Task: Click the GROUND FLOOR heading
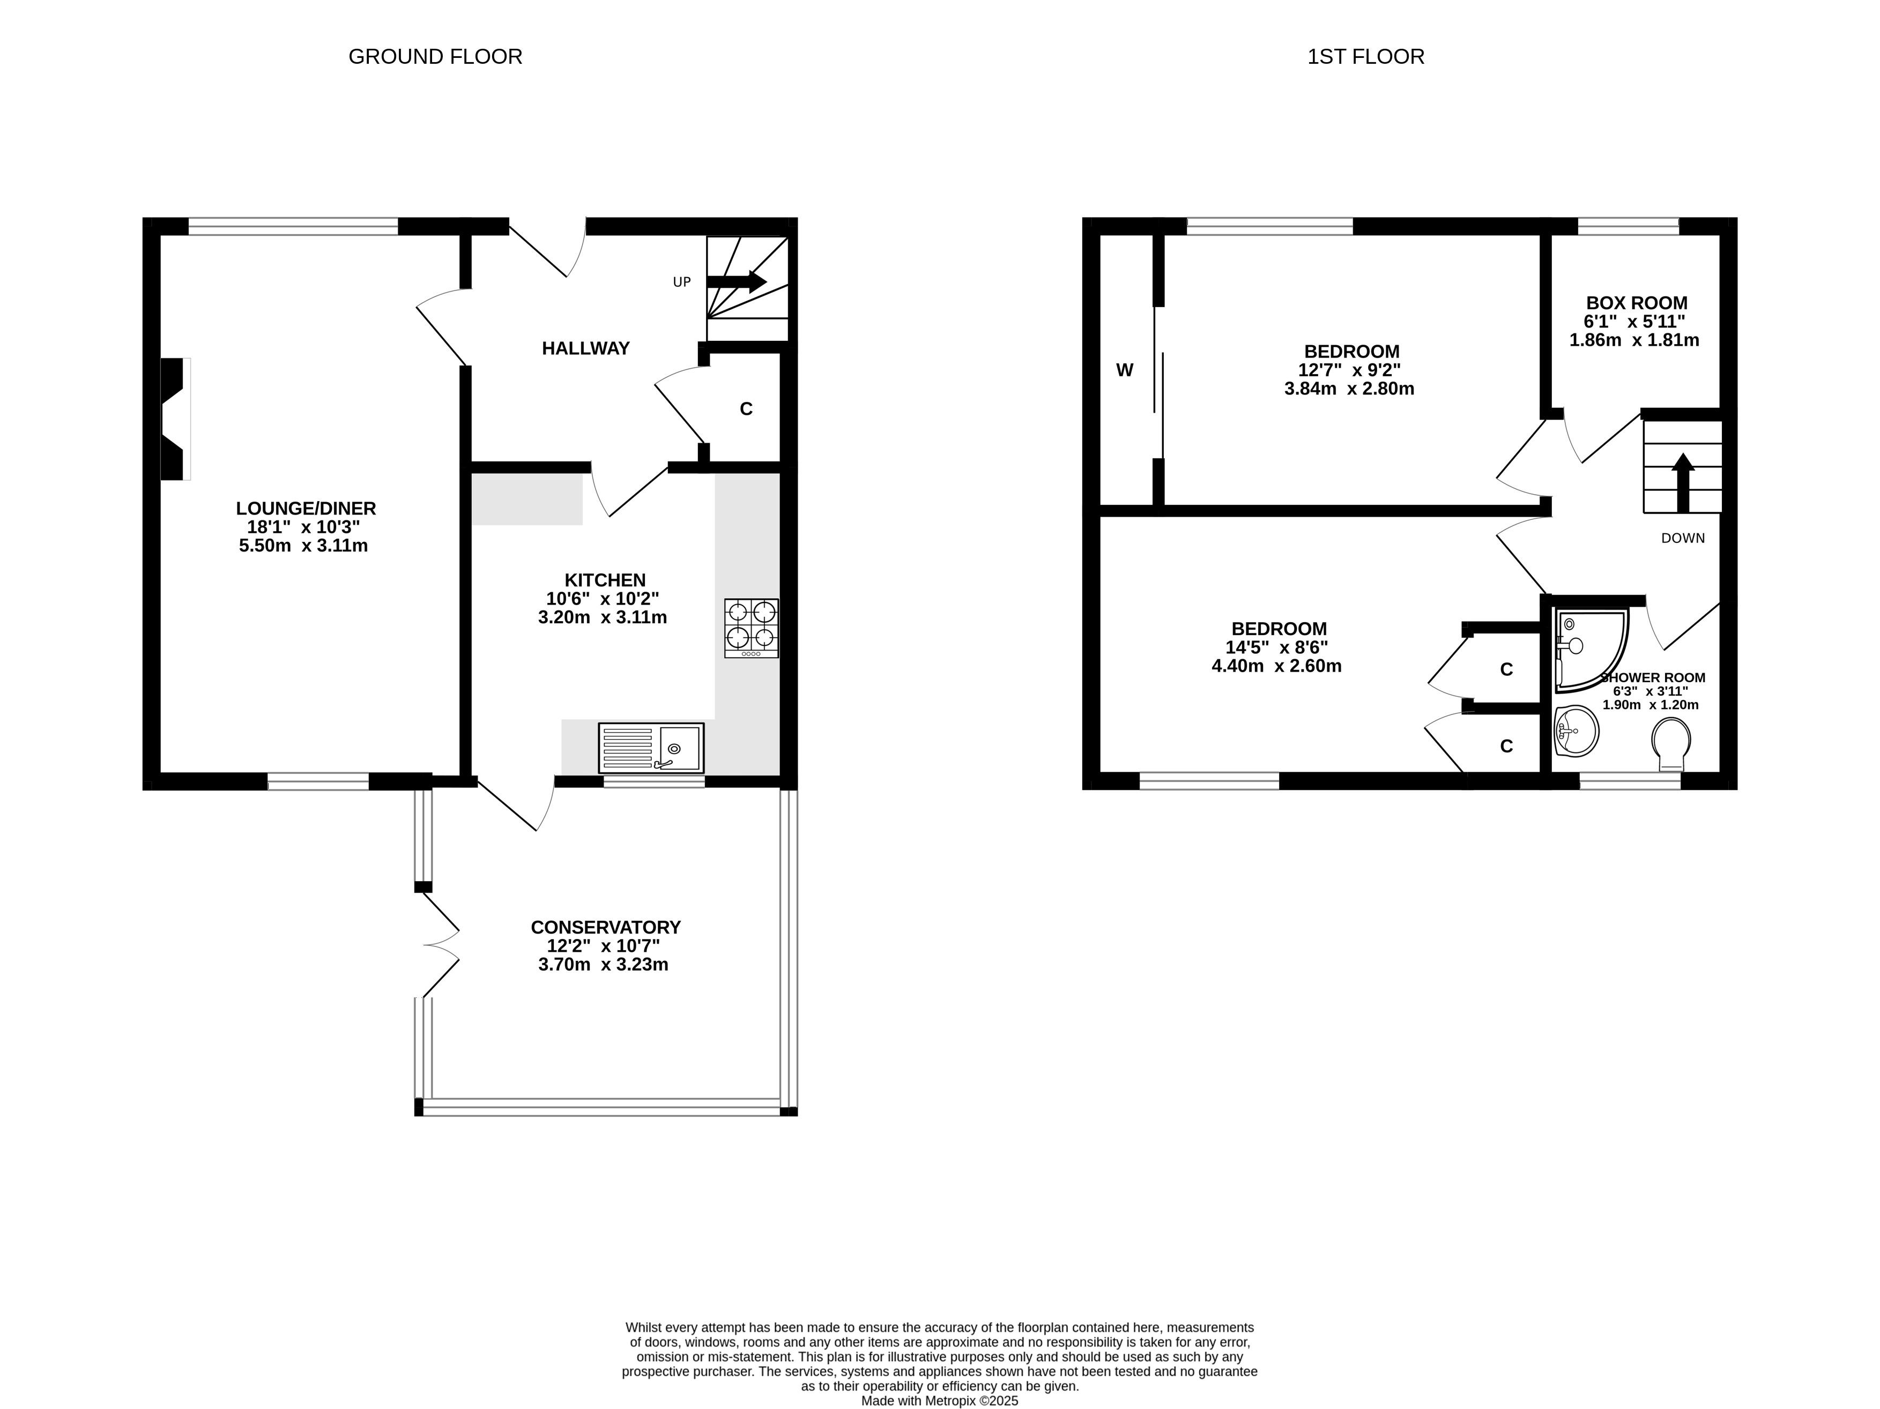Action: point(435,57)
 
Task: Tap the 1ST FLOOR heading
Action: point(1366,57)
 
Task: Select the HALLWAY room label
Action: point(585,348)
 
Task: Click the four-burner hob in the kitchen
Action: point(752,628)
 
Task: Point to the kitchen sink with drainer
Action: point(651,748)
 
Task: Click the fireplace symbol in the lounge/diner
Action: point(175,419)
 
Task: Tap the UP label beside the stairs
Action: point(682,282)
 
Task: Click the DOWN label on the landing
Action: point(1683,538)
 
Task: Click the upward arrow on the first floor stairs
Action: point(1683,482)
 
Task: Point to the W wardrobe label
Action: point(1125,370)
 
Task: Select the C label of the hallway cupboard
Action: point(746,409)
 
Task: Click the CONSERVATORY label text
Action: point(606,927)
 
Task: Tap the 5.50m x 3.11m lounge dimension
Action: point(303,546)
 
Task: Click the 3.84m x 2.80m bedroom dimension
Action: point(1350,389)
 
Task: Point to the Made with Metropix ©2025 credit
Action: point(940,1401)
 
